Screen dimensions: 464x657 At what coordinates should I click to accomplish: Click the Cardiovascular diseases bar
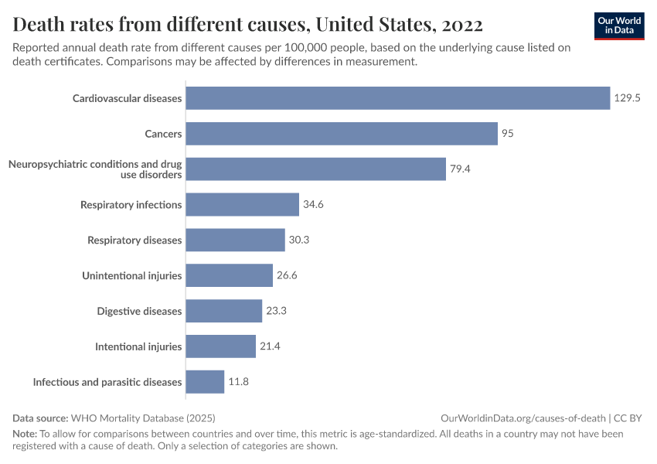pyautogui.click(x=398, y=98)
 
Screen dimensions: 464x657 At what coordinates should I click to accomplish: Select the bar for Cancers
pyautogui.click(x=342, y=134)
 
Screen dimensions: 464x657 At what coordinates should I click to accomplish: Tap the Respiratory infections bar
pyautogui.click(x=243, y=205)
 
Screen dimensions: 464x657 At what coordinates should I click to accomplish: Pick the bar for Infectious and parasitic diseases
pyautogui.click(x=205, y=382)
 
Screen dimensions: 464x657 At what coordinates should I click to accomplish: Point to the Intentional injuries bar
pyautogui.click(x=221, y=346)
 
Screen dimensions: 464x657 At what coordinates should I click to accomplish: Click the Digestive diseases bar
pyautogui.click(x=224, y=311)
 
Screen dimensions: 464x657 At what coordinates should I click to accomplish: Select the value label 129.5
pyautogui.click(x=628, y=98)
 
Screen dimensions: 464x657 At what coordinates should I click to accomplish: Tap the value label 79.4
pyautogui.click(x=461, y=169)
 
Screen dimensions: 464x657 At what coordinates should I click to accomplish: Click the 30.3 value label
pyautogui.click(x=299, y=241)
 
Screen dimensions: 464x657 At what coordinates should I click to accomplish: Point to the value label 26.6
pyautogui.click(x=288, y=275)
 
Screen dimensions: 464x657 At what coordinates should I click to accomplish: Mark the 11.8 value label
pyautogui.click(x=238, y=382)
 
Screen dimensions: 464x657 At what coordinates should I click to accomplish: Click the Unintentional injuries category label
pyautogui.click(x=132, y=275)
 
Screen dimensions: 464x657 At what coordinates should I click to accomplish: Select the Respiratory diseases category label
pyautogui.click(x=134, y=241)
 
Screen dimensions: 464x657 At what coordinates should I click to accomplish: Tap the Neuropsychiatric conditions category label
pyautogui.click(x=95, y=169)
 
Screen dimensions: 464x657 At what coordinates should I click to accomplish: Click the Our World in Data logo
pyautogui.click(x=619, y=26)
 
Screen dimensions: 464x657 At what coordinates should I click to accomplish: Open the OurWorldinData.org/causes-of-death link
pyautogui.click(x=522, y=418)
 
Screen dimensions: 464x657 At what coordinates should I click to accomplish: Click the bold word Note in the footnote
pyautogui.click(x=24, y=434)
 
